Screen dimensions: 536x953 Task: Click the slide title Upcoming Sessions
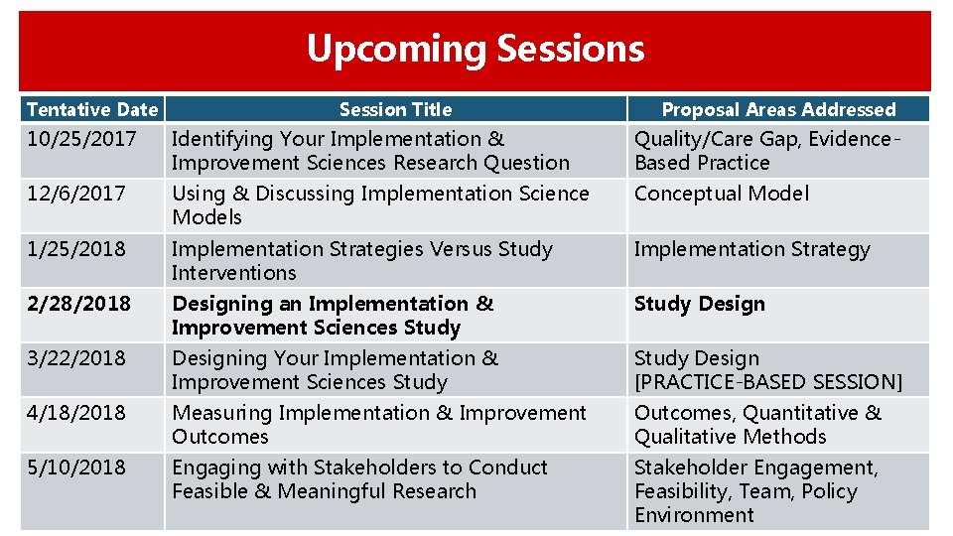coord(475,49)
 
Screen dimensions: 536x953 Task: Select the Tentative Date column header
coord(91,110)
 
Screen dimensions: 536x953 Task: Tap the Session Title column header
coord(395,110)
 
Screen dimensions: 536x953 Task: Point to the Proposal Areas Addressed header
coord(778,110)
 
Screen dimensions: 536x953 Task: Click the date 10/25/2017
coord(81,139)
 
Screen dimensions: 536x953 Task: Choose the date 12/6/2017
coord(76,194)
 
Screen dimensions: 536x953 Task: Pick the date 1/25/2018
coord(76,249)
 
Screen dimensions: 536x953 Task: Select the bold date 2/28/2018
coord(78,304)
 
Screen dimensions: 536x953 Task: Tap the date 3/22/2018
coord(76,358)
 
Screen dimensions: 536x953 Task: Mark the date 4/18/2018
coord(76,413)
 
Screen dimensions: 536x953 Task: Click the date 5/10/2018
coord(76,468)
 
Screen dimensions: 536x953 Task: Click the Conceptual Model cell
coord(722,194)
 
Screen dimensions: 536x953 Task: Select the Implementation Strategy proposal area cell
coord(751,249)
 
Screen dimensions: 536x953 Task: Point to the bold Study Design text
coord(700,304)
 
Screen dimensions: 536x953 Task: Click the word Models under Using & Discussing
coord(206,217)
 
